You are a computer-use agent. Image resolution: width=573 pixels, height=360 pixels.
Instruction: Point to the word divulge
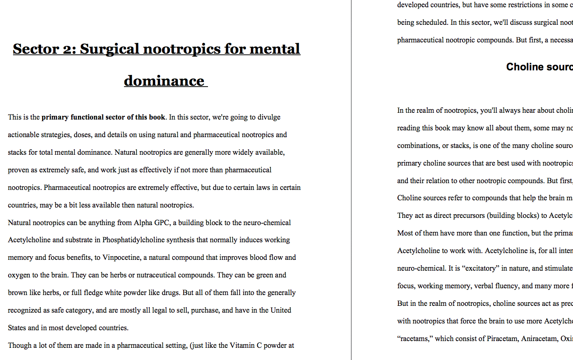(269, 117)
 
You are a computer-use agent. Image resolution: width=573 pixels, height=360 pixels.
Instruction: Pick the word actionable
(25, 135)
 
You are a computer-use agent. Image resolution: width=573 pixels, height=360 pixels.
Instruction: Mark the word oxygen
(19, 275)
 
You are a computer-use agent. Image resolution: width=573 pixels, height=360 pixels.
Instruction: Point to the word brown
(18, 293)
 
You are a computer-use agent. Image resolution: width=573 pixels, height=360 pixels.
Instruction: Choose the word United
(281, 310)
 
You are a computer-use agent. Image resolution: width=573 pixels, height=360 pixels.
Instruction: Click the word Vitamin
(242, 346)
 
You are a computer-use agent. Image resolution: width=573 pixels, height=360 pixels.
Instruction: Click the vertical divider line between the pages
(351, 180)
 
